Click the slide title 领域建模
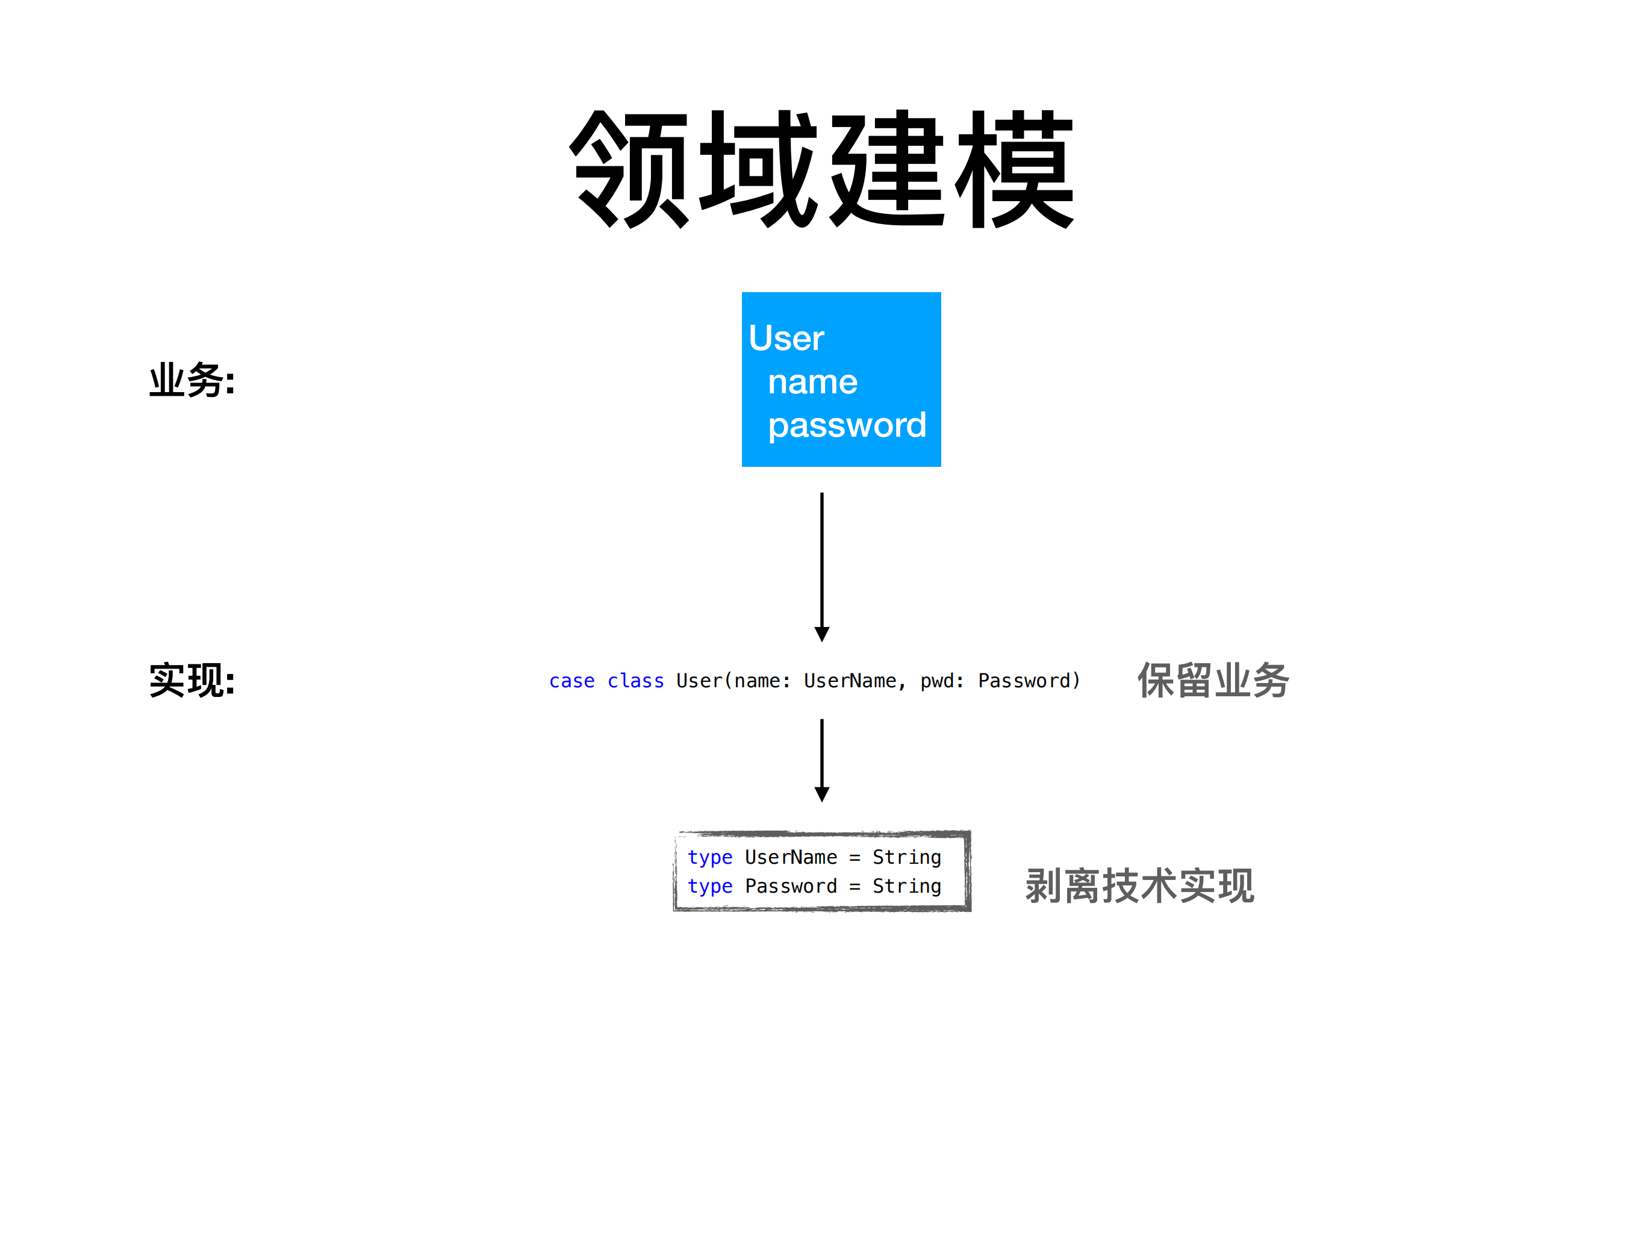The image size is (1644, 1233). tap(821, 169)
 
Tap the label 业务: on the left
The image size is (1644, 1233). tap(191, 381)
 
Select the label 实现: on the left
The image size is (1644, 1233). tap(191, 680)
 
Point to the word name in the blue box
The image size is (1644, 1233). tap(812, 382)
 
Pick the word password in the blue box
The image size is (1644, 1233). tap(847, 426)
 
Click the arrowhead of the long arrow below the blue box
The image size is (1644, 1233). tap(821, 633)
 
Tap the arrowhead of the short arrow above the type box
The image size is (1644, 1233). tap(821, 794)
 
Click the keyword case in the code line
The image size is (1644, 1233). tap(571, 681)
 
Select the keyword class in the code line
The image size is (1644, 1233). tap(635, 681)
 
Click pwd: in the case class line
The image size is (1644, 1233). tap(941, 681)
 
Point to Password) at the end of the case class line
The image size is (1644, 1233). tap(1029, 681)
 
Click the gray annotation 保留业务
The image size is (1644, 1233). tap(1213, 680)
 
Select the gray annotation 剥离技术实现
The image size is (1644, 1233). tap(1139, 885)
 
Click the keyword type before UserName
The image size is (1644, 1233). tap(710, 858)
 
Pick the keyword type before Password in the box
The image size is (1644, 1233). tap(710, 887)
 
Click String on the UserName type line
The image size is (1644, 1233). tap(907, 858)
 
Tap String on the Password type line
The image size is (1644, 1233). tap(907, 887)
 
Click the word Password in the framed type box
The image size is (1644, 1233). tap(791, 887)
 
